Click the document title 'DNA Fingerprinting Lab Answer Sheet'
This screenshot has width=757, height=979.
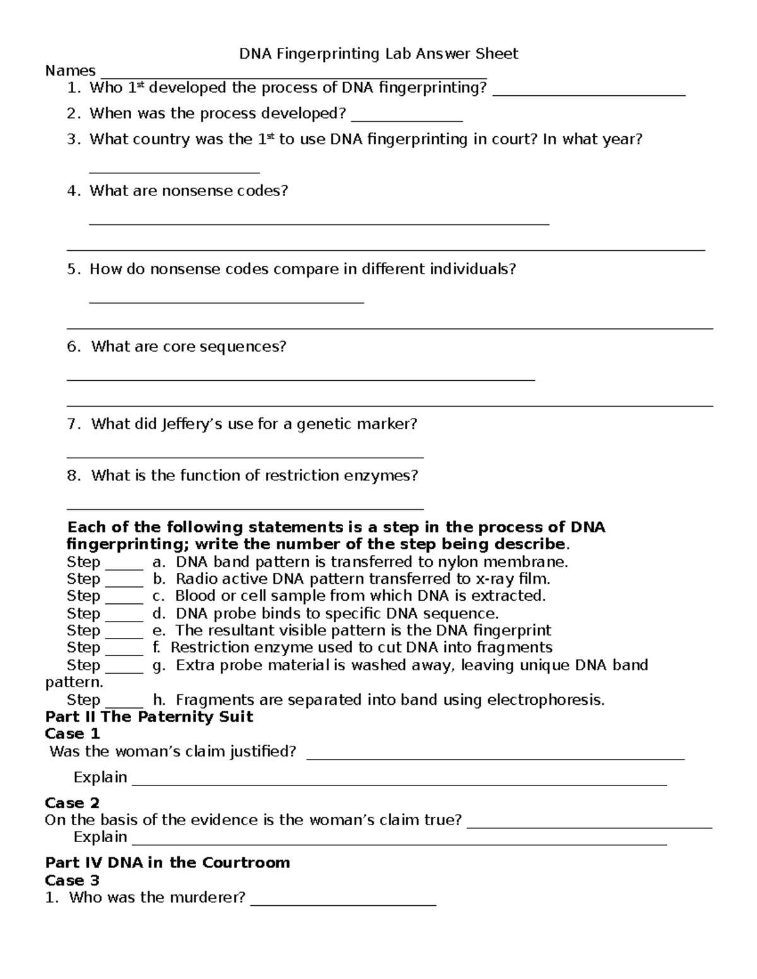coord(378,54)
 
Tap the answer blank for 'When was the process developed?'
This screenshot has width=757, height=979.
coord(407,119)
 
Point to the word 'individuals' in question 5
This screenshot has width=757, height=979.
coord(472,269)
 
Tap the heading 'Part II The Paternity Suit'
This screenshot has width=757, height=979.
coord(149,717)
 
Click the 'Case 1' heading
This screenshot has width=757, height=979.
coord(73,734)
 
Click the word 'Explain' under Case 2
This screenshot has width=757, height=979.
coord(100,837)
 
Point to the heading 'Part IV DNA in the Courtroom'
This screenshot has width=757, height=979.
coord(167,863)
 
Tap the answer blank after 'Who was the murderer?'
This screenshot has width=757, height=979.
coord(343,904)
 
